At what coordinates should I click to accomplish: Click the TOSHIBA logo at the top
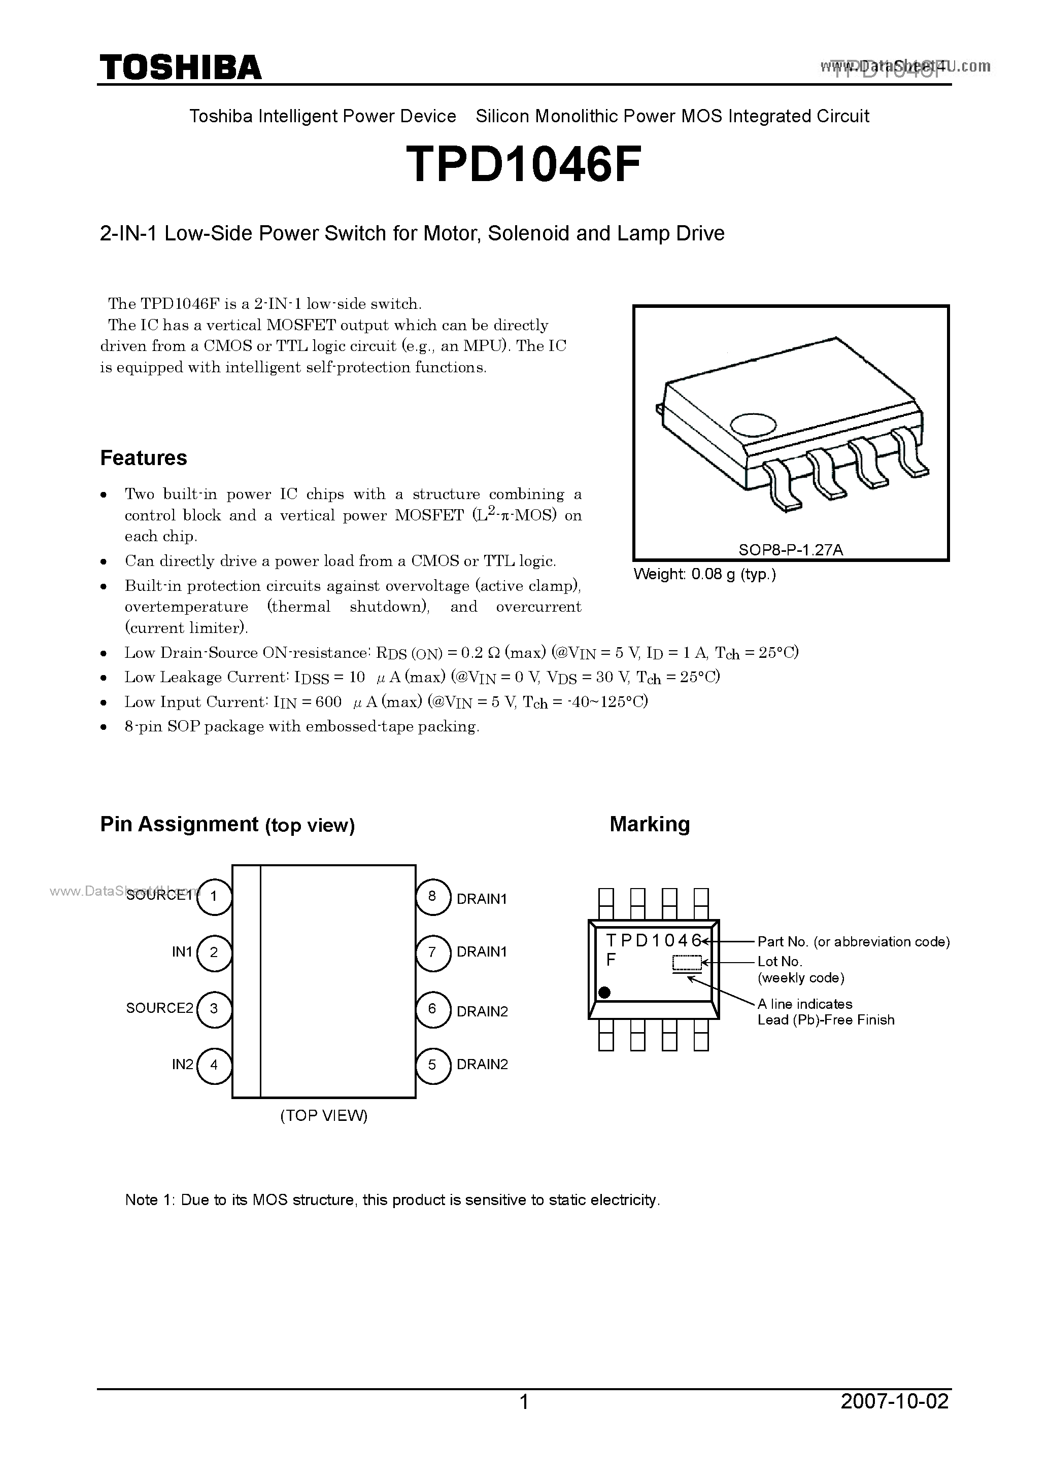pos(180,67)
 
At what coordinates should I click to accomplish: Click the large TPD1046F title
pos(524,165)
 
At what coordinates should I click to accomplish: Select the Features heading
pos(144,458)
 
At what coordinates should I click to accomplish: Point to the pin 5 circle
pos(432,1065)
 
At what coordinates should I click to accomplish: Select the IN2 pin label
pos(182,1065)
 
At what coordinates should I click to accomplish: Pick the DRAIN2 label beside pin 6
pos(482,1011)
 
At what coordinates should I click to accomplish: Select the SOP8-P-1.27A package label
pos(791,550)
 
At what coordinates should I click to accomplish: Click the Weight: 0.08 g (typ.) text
pos(704,574)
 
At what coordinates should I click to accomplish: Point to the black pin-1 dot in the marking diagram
pos(605,992)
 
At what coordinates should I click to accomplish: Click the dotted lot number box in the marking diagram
pos(687,963)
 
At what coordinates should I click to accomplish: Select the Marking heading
pos(650,824)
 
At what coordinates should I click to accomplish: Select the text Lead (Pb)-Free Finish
pos(826,1020)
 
